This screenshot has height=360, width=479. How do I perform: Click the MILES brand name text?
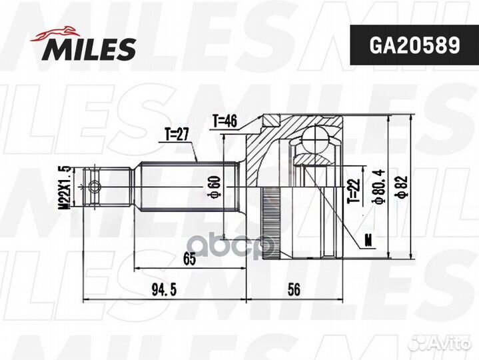tap(91, 48)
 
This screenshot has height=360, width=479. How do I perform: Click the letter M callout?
tap(368, 239)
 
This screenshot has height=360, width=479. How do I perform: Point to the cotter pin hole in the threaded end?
tap(95, 186)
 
